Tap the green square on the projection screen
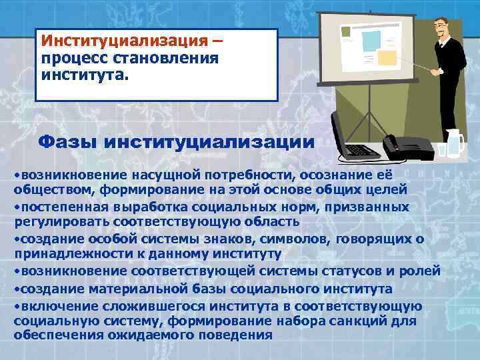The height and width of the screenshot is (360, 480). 345,31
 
